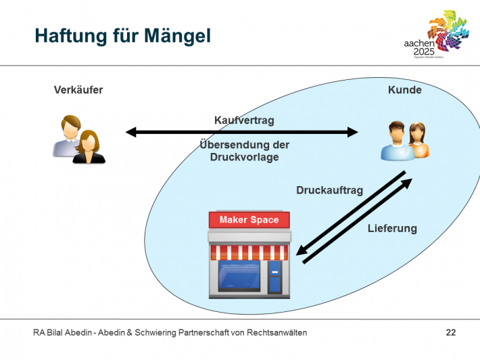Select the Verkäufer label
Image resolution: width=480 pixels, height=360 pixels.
tap(78, 89)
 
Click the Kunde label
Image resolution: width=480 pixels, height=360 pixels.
tap(404, 90)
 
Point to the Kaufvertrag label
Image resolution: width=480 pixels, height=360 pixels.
tap(244, 120)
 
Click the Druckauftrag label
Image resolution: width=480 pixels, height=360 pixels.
tap(329, 190)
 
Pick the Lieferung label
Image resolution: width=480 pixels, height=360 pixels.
tap(392, 228)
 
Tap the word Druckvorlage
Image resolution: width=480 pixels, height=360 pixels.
tap(244, 157)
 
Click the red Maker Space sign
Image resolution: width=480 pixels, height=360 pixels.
tap(249, 219)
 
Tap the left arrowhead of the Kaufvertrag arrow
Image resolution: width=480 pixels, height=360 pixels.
tap(130, 132)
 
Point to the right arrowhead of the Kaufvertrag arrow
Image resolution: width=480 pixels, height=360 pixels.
tap(353, 132)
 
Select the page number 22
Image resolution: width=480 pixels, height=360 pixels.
tap(450, 332)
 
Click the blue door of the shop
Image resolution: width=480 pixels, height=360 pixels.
tap(274, 277)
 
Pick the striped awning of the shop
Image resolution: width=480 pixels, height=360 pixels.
tap(249, 252)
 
